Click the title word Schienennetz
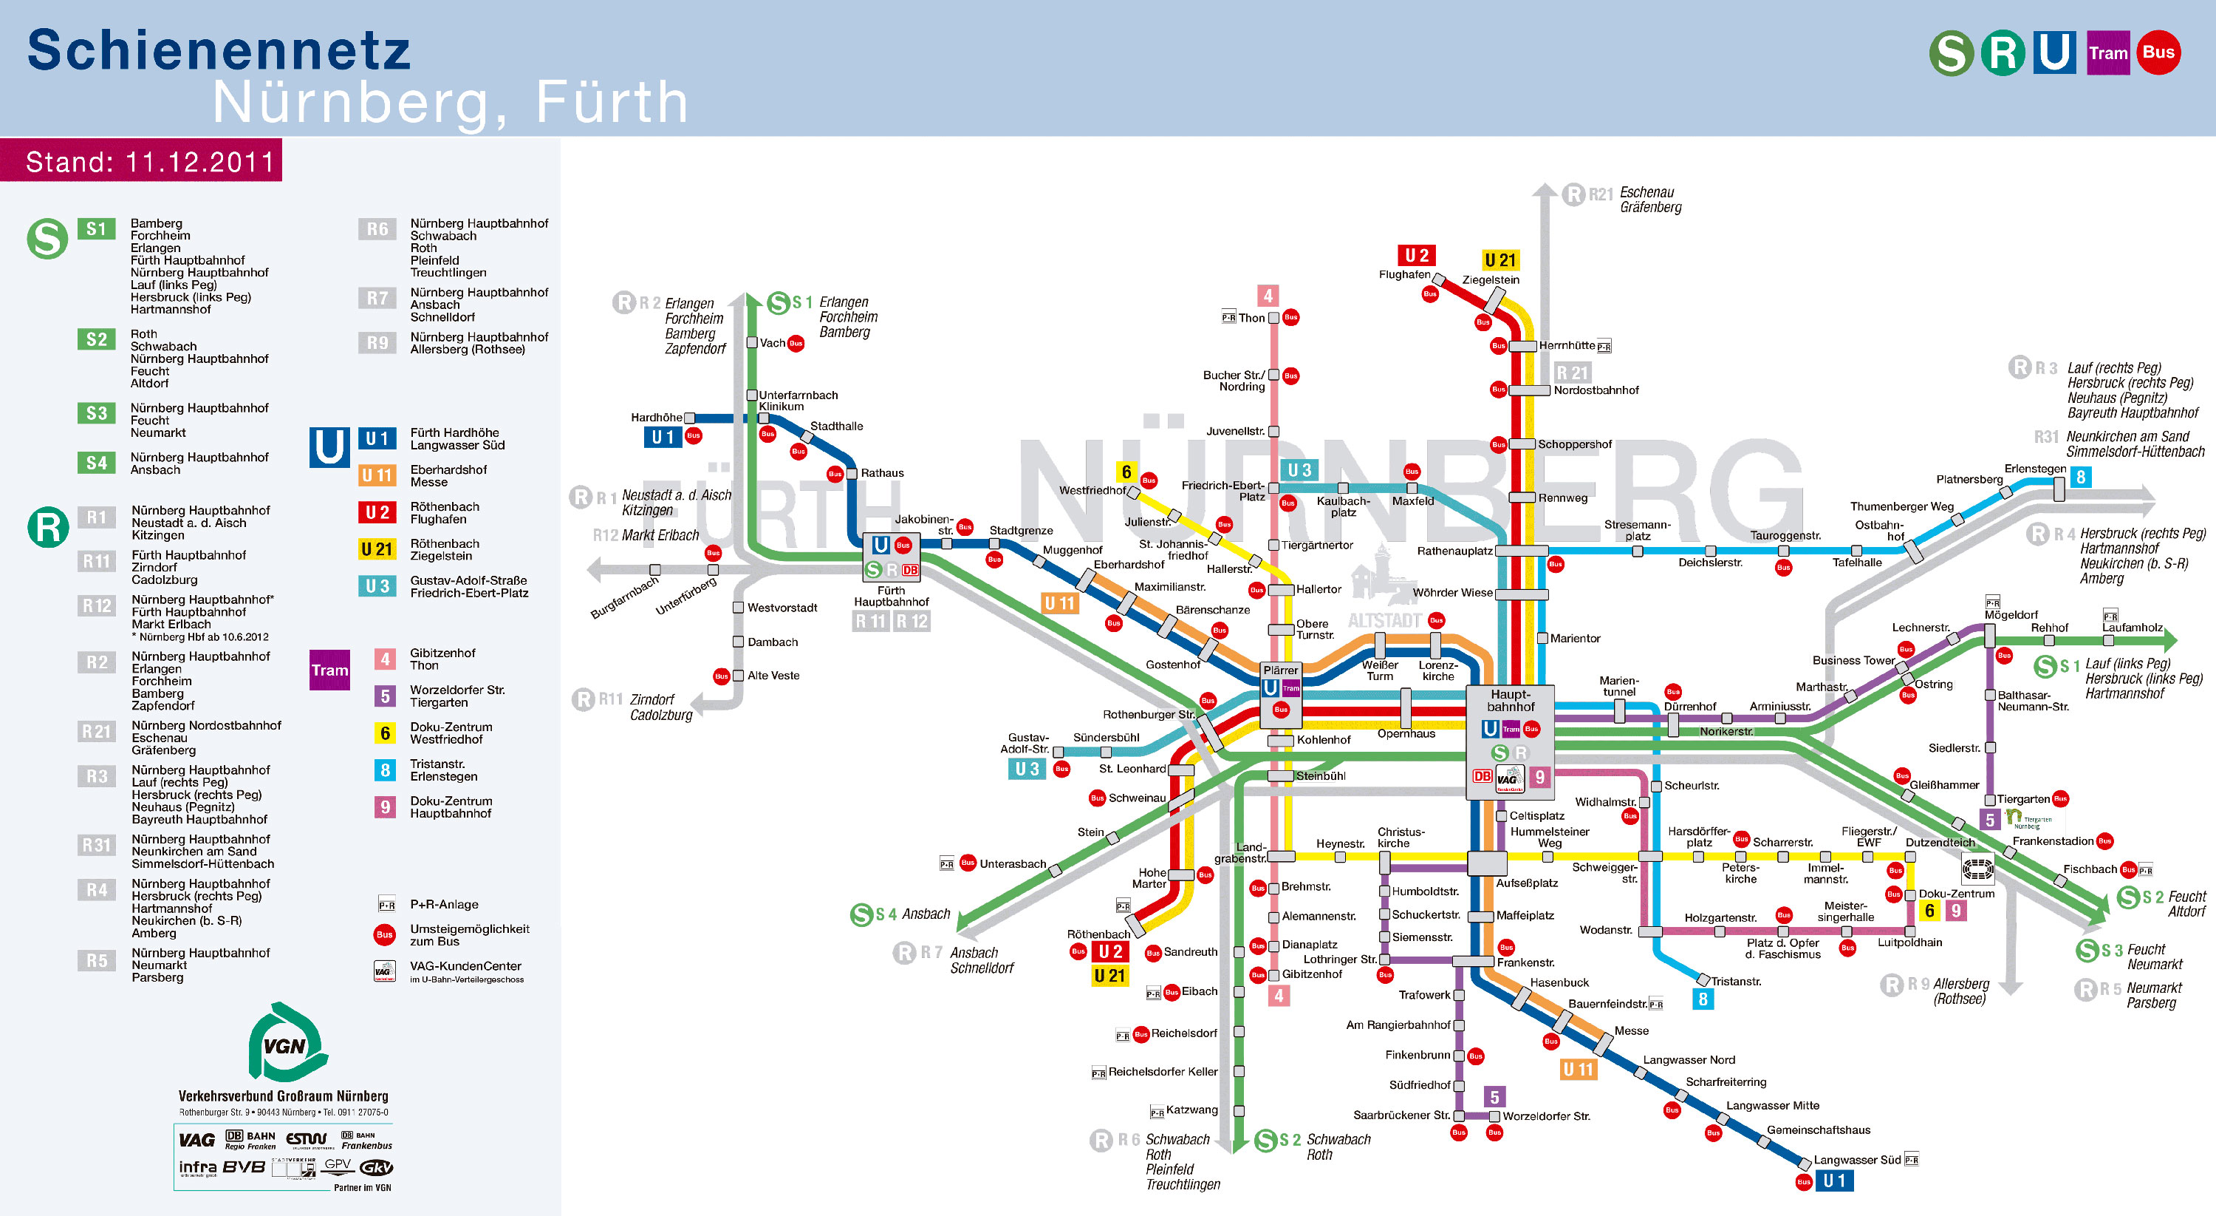click(x=219, y=50)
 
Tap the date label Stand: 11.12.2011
click(x=150, y=162)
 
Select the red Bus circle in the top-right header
click(x=2158, y=52)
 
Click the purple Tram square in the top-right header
click(x=2107, y=53)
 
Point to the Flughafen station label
click(x=1404, y=274)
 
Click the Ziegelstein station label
click(x=1491, y=279)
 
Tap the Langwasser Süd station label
click(x=1856, y=1159)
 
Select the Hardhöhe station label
click(x=657, y=418)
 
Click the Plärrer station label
click(x=1280, y=670)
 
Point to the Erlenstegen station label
click(x=2034, y=468)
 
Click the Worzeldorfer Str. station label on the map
click(x=1546, y=1116)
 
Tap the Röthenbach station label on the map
click(x=1098, y=934)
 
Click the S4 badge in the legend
click(x=96, y=463)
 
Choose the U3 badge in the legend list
click(x=377, y=586)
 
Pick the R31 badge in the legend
click(x=96, y=845)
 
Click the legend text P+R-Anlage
click(x=444, y=905)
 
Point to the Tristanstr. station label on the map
click(x=1735, y=981)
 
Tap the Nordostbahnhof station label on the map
click(x=1596, y=390)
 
